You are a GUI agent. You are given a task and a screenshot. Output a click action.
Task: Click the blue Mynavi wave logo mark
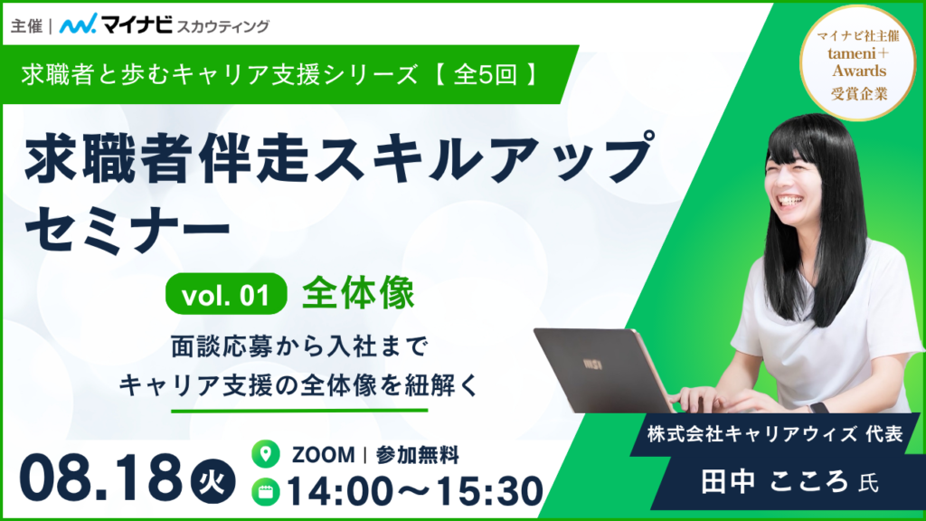click(78, 24)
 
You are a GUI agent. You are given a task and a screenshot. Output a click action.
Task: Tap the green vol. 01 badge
click(226, 294)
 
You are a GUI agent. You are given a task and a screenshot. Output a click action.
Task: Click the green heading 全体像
click(358, 294)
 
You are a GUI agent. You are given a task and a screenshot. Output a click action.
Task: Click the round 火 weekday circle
click(213, 483)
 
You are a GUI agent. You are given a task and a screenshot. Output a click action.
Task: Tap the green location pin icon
click(266, 454)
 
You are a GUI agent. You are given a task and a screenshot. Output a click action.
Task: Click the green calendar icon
click(266, 491)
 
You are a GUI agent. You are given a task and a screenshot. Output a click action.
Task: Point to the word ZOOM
click(324, 455)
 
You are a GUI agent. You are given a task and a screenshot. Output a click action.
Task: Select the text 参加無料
click(418, 455)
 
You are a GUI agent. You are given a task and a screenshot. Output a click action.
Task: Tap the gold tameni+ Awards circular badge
click(859, 62)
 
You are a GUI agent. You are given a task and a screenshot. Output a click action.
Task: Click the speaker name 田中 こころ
click(775, 482)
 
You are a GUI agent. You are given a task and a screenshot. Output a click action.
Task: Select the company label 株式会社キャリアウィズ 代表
click(775, 434)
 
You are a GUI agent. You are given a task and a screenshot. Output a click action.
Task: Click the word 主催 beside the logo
click(26, 26)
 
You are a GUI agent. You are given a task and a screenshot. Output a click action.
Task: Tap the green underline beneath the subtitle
click(299, 410)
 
